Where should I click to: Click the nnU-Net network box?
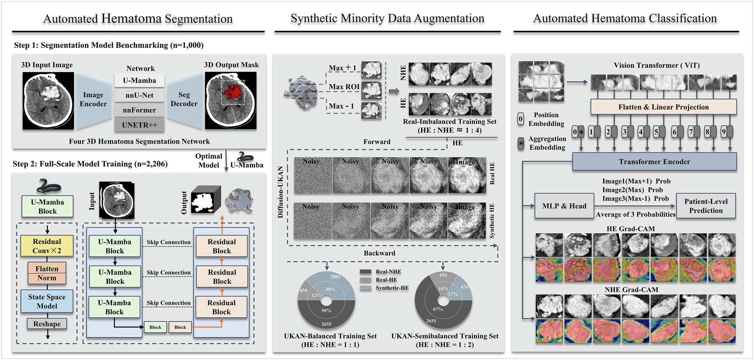(139, 95)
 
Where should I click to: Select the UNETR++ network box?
(139, 125)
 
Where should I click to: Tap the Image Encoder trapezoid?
(93, 100)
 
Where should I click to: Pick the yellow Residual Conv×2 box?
(47, 246)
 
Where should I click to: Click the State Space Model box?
(47, 302)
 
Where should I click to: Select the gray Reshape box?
(47, 324)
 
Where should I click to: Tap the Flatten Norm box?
(47, 273)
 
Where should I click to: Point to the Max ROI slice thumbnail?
(371, 90)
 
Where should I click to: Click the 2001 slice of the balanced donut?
(336, 277)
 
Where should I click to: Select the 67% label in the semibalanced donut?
(438, 309)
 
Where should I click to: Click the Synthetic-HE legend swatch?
(365, 288)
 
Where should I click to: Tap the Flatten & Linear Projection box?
(663, 107)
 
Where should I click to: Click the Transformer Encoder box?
(654, 162)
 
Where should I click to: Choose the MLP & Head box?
(564, 206)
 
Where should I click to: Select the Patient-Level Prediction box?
(706, 206)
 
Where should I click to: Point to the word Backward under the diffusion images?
(379, 253)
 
